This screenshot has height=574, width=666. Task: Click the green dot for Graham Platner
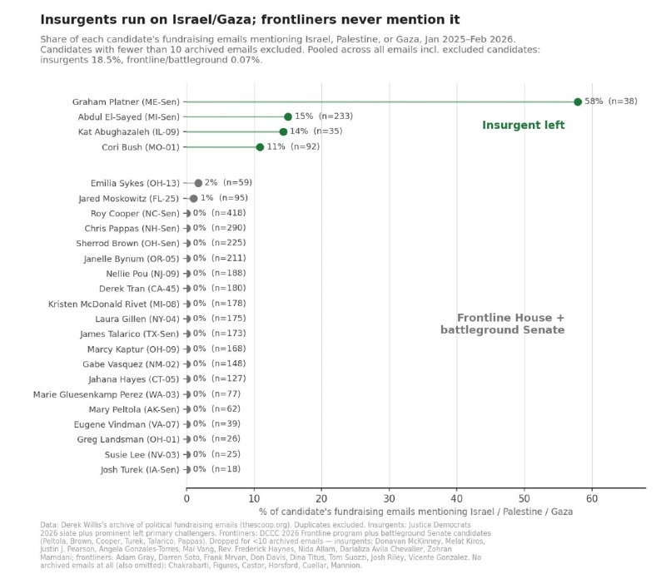[577, 101]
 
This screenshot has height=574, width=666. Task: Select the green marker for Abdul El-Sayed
[287, 116]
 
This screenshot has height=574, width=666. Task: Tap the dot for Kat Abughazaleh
[283, 131]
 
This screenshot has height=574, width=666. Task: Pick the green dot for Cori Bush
[260, 147]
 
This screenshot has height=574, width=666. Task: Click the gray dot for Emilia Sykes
[198, 183]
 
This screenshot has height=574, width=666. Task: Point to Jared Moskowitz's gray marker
[193, 198]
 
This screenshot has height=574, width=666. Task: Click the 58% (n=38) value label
[611, 101]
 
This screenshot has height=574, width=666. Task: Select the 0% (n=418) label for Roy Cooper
[219, 213]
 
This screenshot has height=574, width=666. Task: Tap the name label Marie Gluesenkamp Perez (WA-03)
[107, 394]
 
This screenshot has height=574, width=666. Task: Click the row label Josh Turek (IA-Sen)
[140, 469]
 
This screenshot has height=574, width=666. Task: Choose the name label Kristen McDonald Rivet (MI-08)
[114, 304]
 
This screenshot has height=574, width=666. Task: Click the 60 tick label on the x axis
[592, 498]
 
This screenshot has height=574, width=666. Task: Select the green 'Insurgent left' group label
[524, 126]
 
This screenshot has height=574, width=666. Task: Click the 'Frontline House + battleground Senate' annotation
[503, 324]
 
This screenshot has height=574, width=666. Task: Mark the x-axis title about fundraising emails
[415, 512]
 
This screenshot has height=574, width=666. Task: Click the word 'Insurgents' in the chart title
[72, 20]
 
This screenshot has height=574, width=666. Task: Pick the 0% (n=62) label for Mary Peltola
[216, 409]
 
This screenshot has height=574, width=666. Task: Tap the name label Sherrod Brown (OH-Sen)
[128, 244]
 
